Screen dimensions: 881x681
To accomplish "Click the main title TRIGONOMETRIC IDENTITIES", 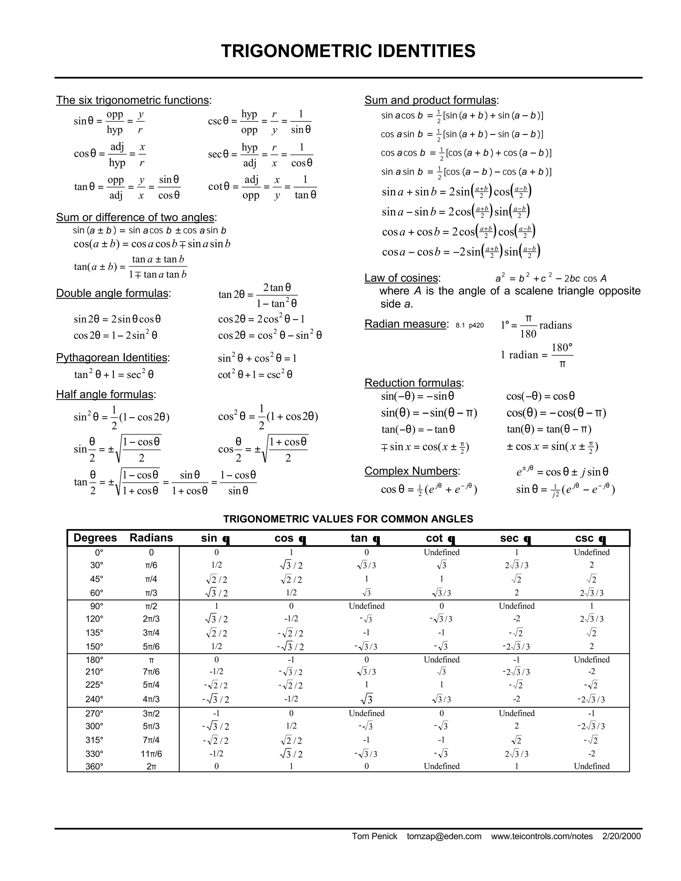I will (348, 51).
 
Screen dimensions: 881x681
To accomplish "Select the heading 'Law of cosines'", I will (402, 278).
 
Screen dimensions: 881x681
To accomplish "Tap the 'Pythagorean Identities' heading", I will (112, 357).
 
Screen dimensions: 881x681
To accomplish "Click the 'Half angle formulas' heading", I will (105, 394).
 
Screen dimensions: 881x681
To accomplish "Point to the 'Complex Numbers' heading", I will (412, 471).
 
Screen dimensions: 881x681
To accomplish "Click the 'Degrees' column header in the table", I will (95, 538).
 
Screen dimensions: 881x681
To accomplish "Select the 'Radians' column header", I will (151, 538).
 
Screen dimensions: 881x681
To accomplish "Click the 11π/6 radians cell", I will (151, 754).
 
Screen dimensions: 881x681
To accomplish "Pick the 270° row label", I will (94, 713).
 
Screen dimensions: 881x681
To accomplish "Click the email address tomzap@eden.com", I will (444, 836).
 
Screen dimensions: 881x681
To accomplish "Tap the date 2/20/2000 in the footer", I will (621, 836).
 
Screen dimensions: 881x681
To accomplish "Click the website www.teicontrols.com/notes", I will (541, 836).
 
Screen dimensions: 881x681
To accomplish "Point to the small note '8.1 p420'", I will (470, 325).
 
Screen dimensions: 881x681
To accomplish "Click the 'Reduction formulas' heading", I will (414, 382).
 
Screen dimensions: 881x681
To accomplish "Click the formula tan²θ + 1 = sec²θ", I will (114, 375).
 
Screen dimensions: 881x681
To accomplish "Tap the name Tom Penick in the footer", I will (374, 836).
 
